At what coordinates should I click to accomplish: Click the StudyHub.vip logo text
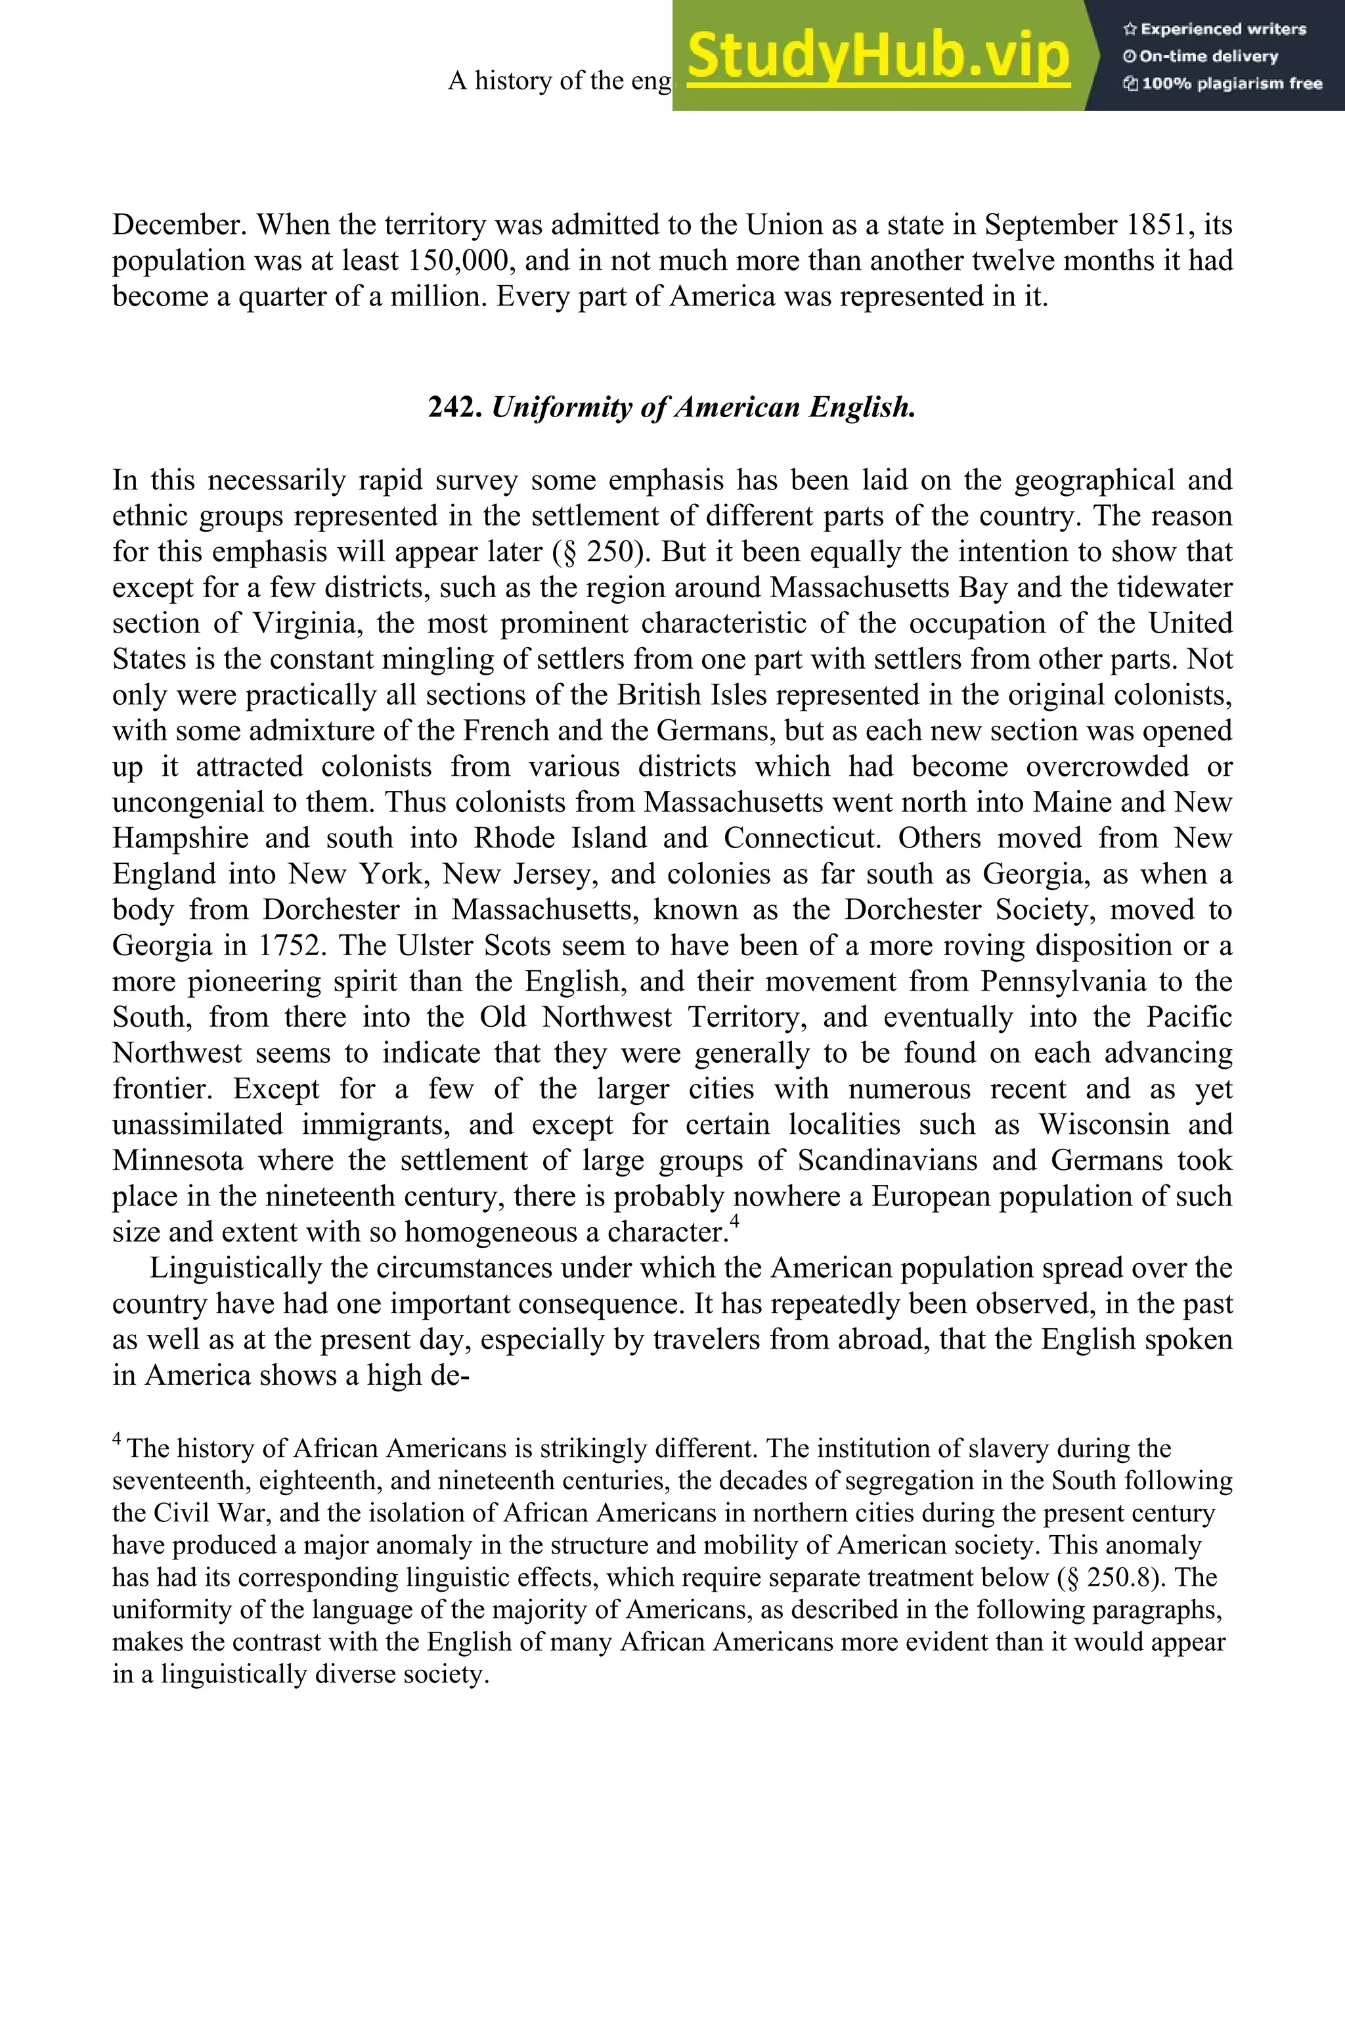[878, 56]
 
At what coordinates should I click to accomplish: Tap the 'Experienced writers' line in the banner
[1214, 29]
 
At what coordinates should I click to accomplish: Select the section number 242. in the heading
[456, 407]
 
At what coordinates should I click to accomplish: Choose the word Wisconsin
[1104, 1125]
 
